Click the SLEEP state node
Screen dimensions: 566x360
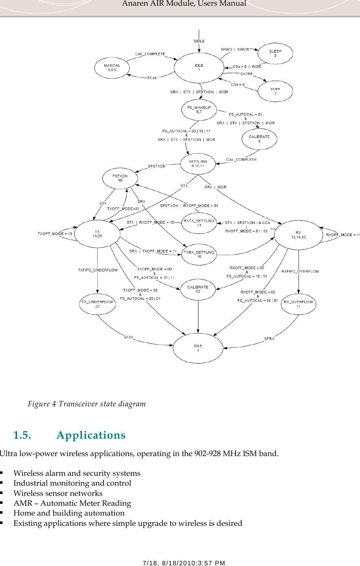(275, 53)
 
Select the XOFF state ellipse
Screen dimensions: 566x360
(275, 91)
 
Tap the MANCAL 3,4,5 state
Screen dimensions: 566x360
(112, 68)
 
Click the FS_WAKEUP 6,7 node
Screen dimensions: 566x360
(199, 110)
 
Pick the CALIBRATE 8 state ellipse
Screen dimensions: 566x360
(259, 139)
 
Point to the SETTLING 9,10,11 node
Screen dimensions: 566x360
(198, 164)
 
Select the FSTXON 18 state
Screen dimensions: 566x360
(120, 178)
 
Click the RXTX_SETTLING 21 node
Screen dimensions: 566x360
(199, 223)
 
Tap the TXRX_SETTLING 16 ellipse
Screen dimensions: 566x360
(199, 254)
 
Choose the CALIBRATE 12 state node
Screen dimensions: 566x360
(198, 289)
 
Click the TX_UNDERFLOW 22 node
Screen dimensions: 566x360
(97, 304)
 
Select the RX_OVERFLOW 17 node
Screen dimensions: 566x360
(298, 304)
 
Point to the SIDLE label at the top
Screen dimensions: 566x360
(199, 41)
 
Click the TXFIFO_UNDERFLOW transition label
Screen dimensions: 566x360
(98, 270)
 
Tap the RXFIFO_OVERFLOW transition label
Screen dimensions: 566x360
(300, 271)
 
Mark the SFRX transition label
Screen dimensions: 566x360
(269, 339)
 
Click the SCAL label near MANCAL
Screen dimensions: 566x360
(152, 78)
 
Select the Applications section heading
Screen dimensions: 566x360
(91, 435)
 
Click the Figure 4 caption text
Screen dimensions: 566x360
(87, 404)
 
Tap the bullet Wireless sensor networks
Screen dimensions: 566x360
(58, 493)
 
